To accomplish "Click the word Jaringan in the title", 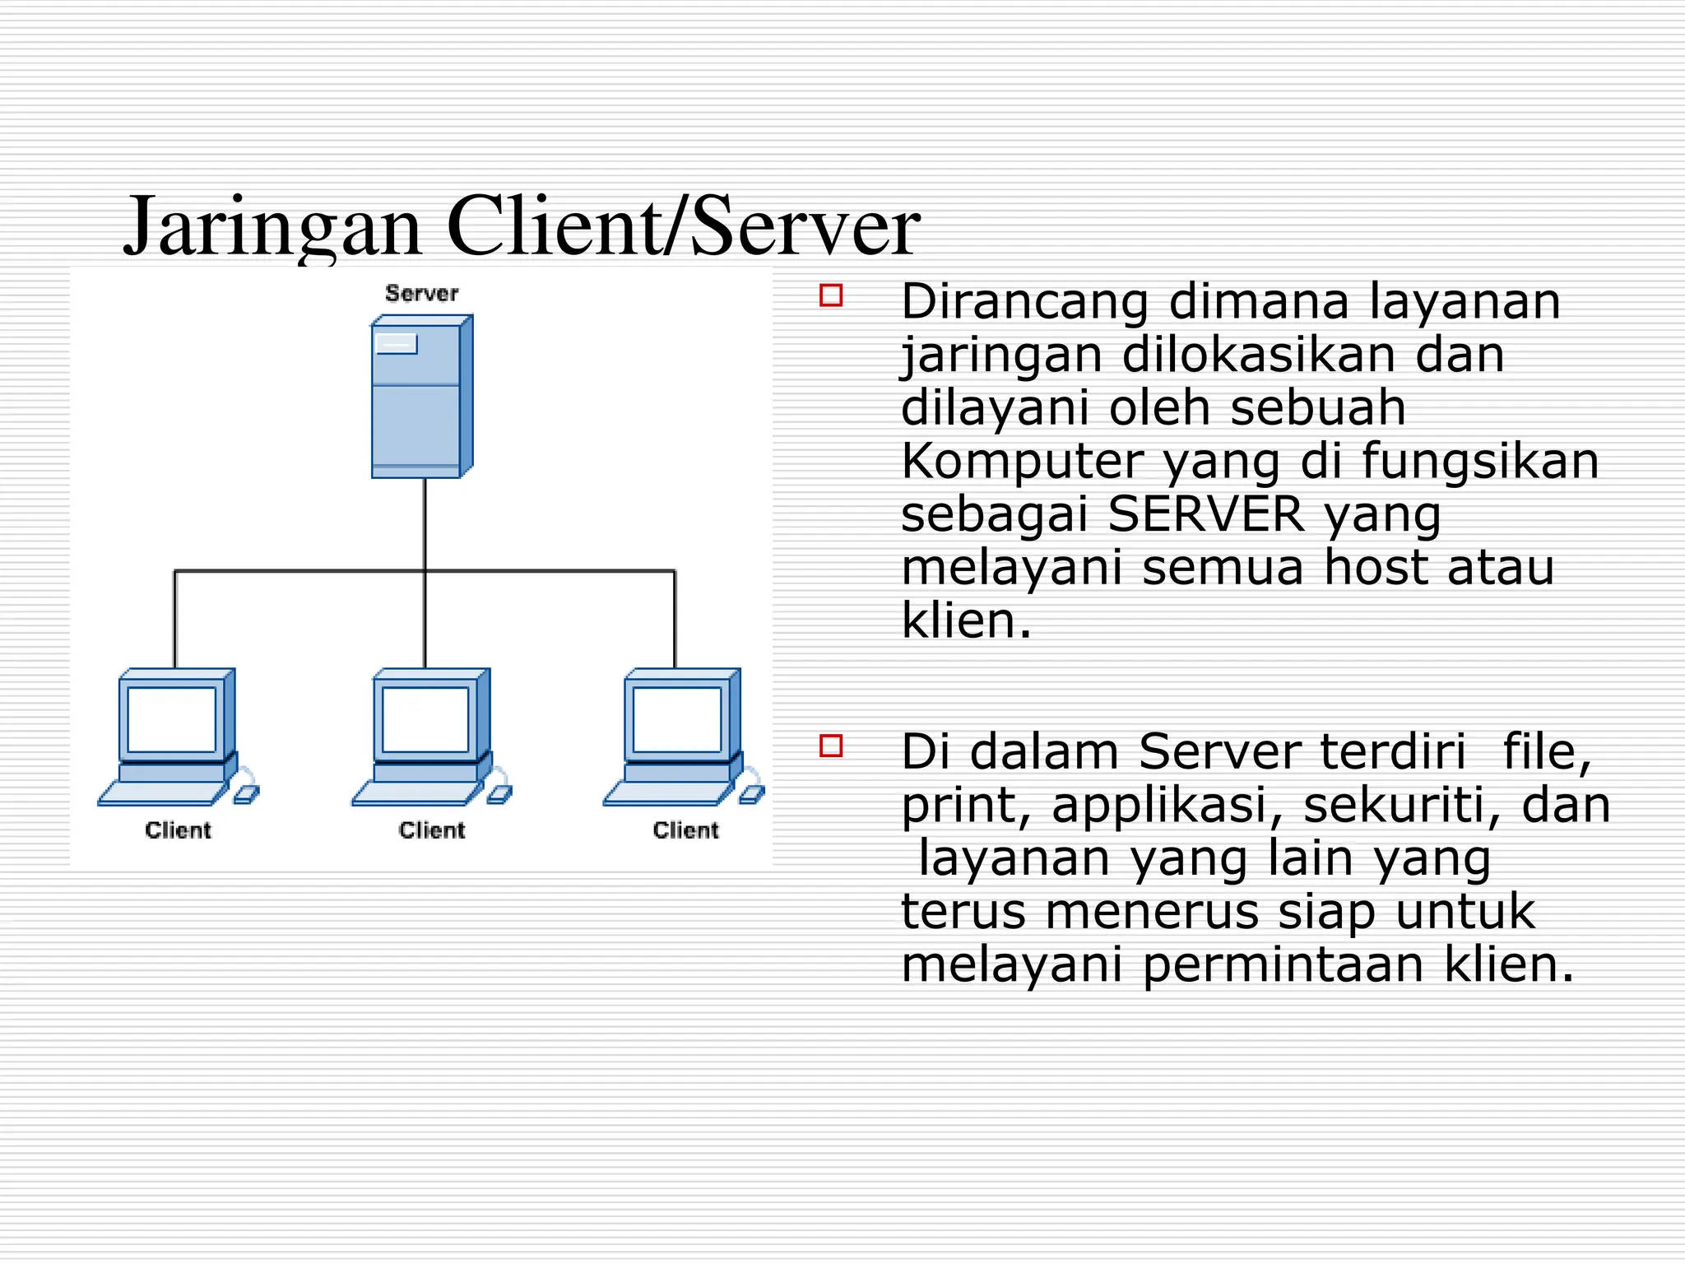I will [x=272, y=226].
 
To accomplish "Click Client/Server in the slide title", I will [x=682, y=226].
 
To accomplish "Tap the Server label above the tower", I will [x=421, y=293].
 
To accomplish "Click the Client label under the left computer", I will [x=178, y=829].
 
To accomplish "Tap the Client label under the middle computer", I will [x=432, y=829].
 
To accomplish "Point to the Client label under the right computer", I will [x=685, y=829].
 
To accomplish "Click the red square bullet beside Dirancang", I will [x=831, y=295].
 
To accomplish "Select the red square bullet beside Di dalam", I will [x=831, y=746].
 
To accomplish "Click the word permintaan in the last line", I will [x=1283, y=964].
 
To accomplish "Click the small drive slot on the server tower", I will [x=397, y=343].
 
